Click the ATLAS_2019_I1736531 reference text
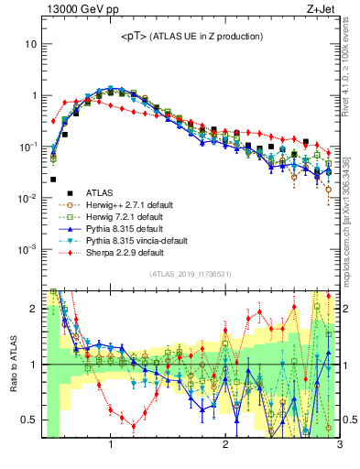click(x=191, y=275)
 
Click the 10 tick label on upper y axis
click(x=30, y=44)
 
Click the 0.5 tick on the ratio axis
click(x=29, y=420)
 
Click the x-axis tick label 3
click(x=339, y=446)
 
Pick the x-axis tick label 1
click(x=111, y=446)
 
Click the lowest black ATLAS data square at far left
click(x=53, y=180)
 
